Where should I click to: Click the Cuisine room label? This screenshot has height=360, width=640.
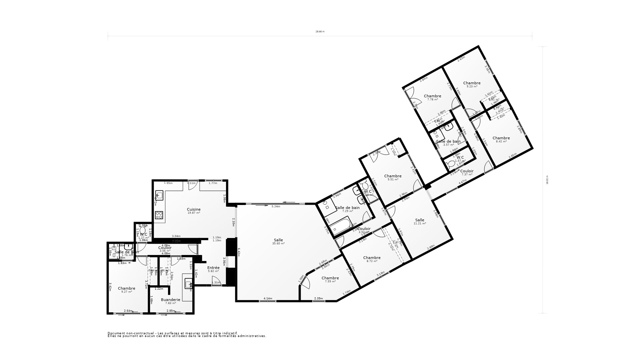click(x=194, y=209)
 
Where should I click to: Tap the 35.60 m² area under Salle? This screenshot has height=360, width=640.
click(x=278, y=244)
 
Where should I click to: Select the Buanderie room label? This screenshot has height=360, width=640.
click(x=170, y=300)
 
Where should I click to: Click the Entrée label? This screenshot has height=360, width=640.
click(x=213, y=268)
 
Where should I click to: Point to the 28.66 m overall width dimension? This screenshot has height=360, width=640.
click(x=320, y=32)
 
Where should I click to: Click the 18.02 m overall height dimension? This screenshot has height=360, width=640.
click(x=547, y=180)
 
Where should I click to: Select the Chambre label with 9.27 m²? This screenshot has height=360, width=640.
click(x=126, y=288)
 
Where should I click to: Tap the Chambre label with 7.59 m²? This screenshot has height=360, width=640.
click(x=330, y=278)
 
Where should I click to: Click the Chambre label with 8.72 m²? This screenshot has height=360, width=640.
click(x=372, y=258)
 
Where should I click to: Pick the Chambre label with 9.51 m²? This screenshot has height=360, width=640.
click(x=393, y=176)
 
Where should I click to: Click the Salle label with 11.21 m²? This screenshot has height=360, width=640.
click(x=420, y=220)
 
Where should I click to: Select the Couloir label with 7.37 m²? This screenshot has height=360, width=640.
click(x=467, y=171)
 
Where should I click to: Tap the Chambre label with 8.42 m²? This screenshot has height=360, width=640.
click(x=501, y=138)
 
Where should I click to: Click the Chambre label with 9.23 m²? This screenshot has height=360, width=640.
click(x=472, y=83)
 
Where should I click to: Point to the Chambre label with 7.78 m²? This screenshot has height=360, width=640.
click(x=432, y=96)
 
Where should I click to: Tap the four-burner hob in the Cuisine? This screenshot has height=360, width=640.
click(x=159, y=215)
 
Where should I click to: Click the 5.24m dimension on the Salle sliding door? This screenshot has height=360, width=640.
click(x=276, y=207)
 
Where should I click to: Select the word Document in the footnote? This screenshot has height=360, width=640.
click(x=115, y=333)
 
